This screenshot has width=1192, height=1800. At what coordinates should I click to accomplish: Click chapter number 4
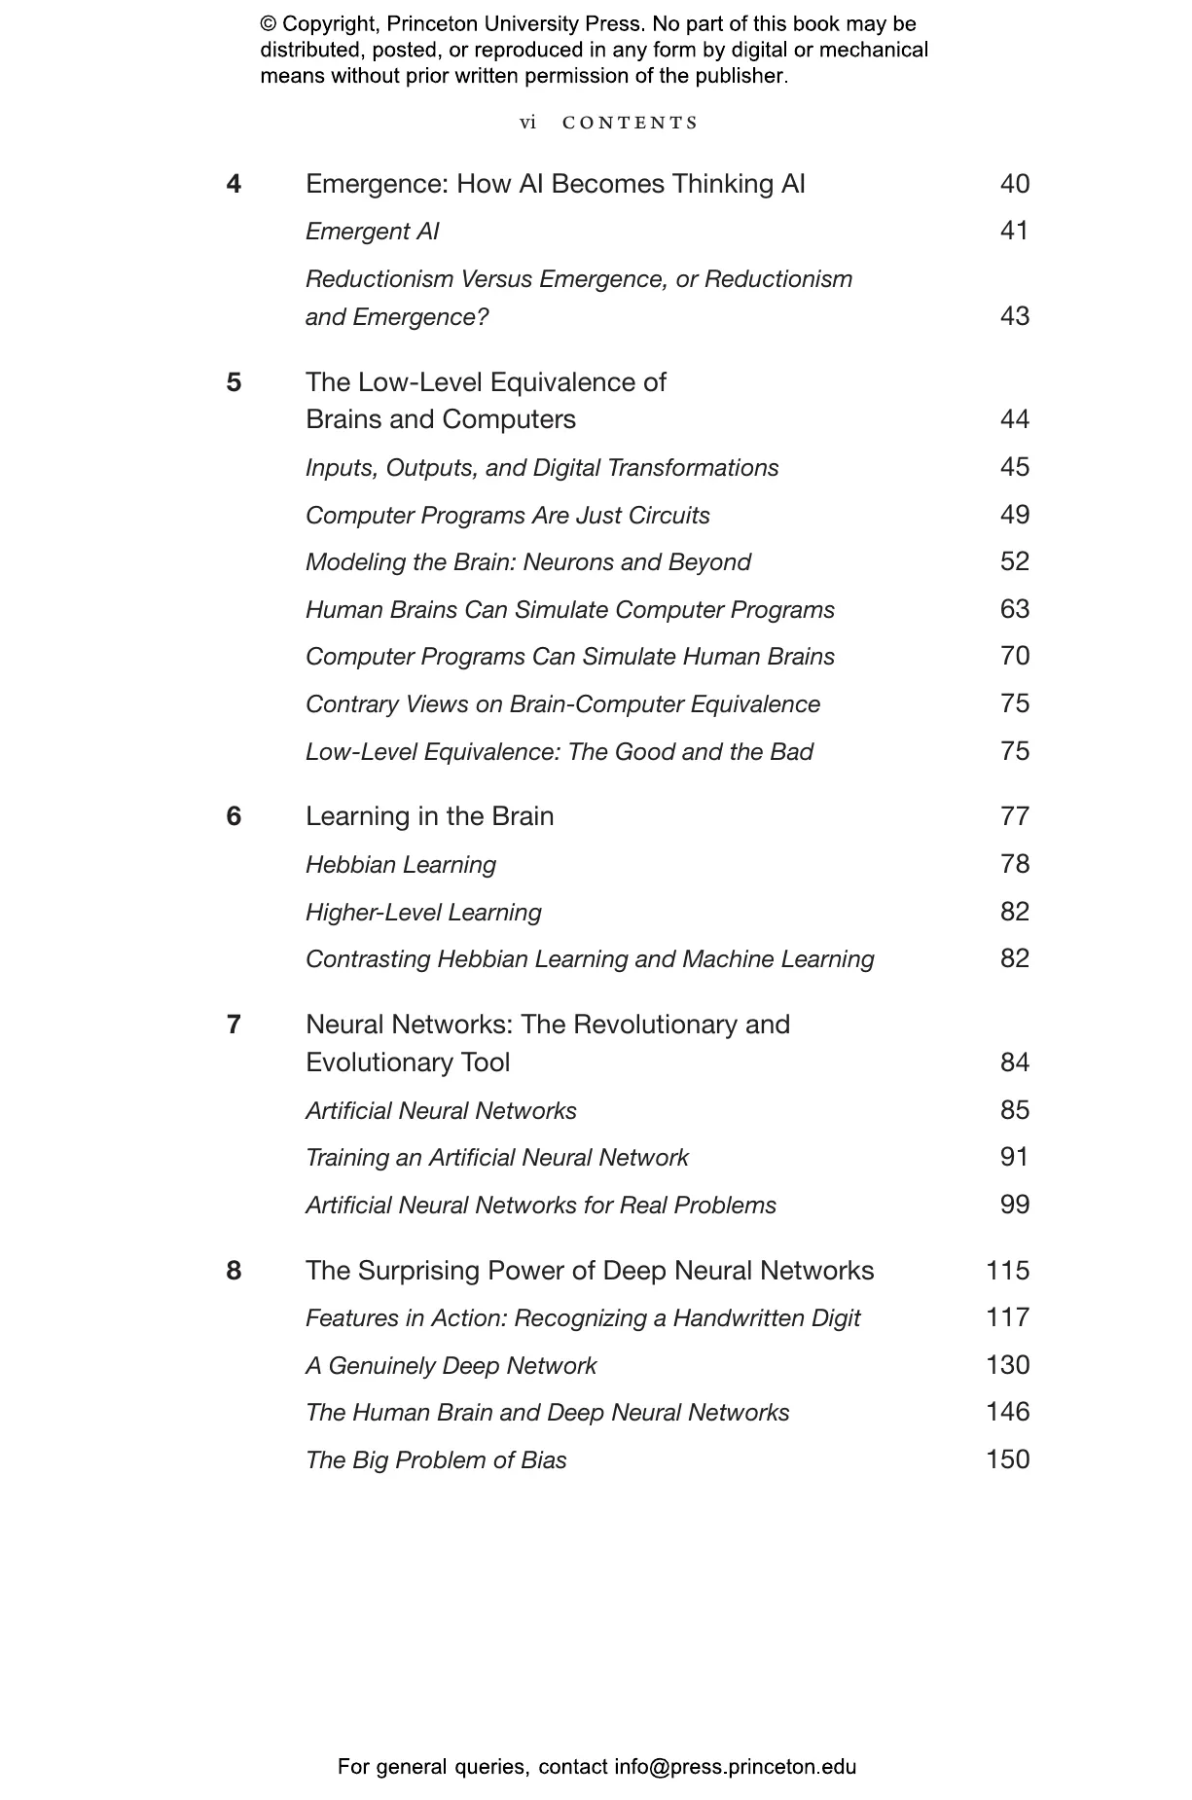pos(234,184)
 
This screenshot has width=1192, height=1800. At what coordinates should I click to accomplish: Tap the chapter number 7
pos(234,1025)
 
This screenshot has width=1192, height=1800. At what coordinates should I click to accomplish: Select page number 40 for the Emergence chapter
pos(1014,184)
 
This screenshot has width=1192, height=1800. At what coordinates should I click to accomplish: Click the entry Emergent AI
pos(372,232)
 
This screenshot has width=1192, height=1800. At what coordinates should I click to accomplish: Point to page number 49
pos(1014,515)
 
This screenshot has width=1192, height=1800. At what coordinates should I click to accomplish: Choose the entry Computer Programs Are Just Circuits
pos(507,516)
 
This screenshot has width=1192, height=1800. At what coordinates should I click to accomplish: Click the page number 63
pos(1014,609)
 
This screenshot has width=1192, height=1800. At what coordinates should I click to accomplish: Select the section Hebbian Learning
pos(400,865)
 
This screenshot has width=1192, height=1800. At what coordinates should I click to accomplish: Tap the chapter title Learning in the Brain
pos(429,816)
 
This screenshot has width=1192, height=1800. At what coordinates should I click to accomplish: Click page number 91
pos(1014,1157)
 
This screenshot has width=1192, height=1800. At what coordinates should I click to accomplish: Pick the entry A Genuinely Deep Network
pos(451,1366)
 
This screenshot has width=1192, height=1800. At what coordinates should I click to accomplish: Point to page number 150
pos(1007,1459)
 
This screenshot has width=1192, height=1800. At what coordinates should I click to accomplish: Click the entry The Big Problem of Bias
pos(436,1460)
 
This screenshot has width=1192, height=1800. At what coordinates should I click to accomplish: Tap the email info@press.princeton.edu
pos(735,1767)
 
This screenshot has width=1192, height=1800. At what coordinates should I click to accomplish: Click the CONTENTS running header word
pos(631,123)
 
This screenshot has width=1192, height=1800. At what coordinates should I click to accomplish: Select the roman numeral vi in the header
pos(527,123)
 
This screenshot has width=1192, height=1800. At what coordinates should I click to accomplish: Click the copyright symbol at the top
pos(268,24)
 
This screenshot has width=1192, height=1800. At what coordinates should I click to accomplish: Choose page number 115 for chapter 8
pos(1007,1271)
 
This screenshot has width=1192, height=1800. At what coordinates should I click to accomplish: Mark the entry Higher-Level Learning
pos(423,913)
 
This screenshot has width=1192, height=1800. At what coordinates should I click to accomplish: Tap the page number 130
pos(1007,1365)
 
